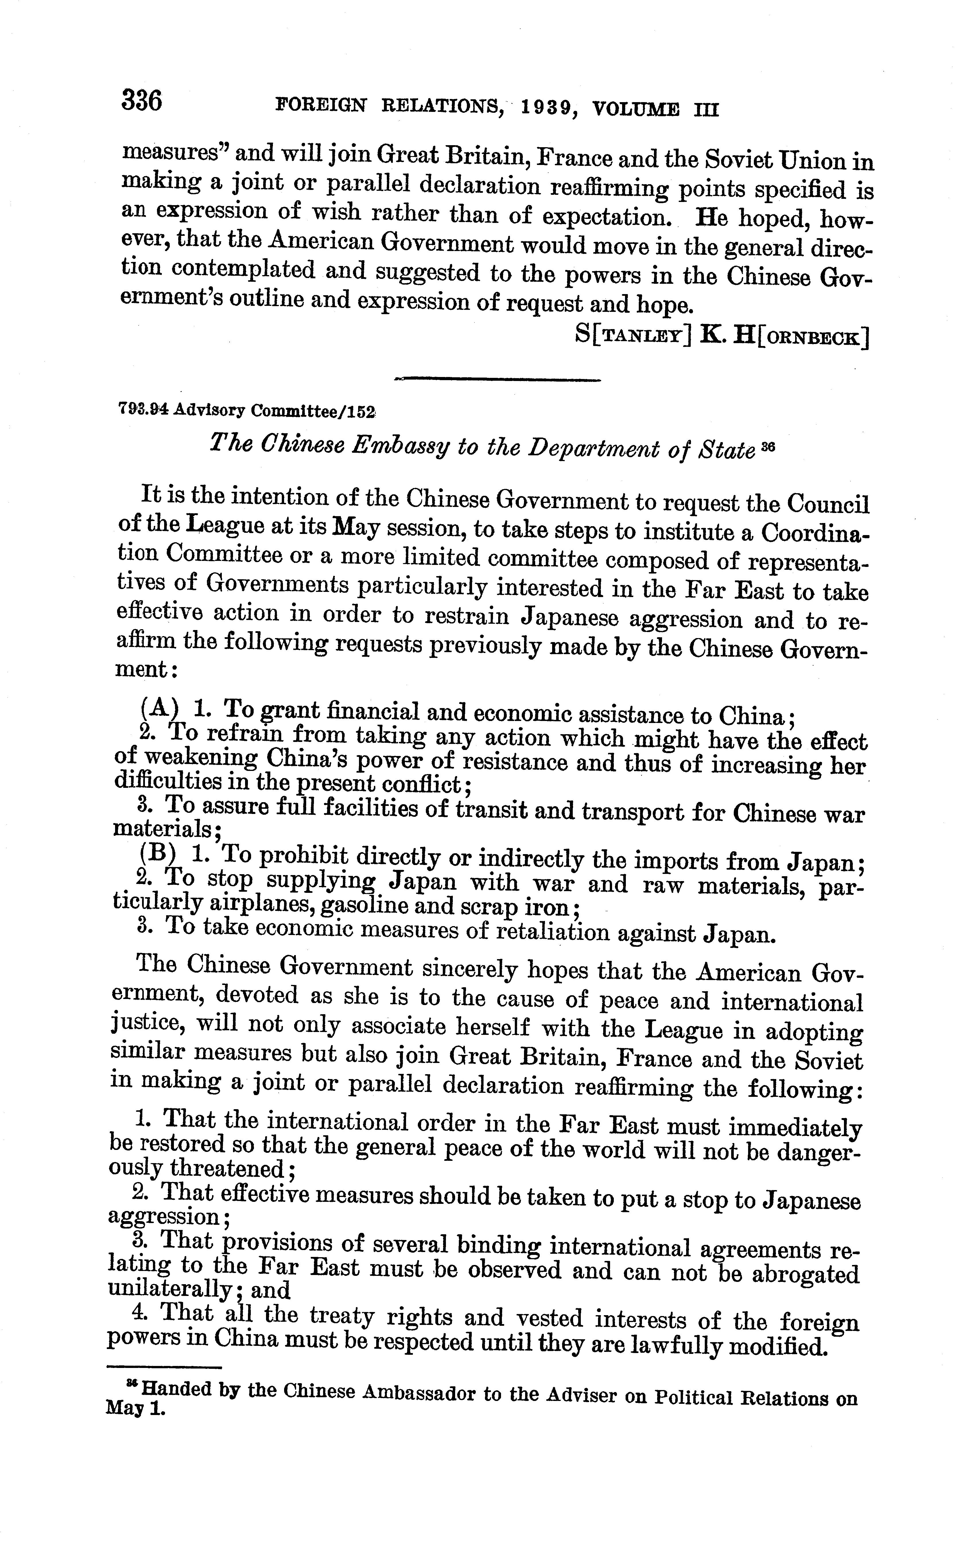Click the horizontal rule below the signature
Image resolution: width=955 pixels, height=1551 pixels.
point(496,380)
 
